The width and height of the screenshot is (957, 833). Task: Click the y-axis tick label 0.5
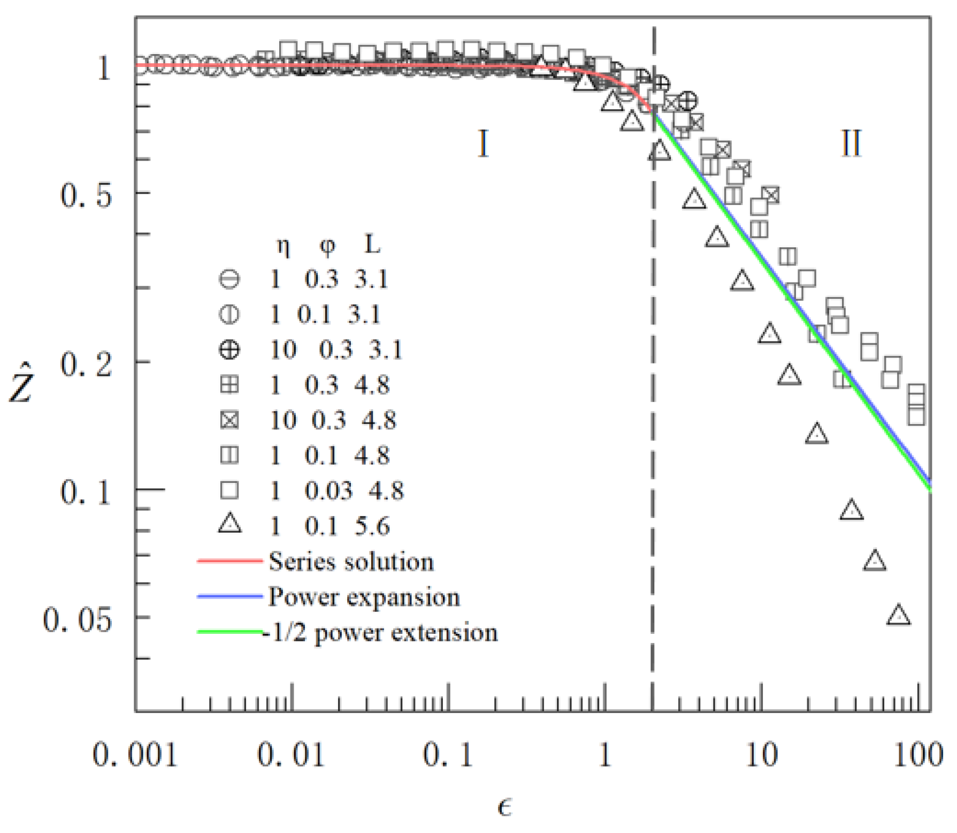pyautogui.click(x=86, y=195)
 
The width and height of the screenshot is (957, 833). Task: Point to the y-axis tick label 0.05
pyautogui.click(x=78, y=620)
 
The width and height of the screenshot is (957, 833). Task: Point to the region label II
pyautogui.click(x=851, y=143)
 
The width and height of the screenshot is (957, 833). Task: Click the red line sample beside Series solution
pyautogui.click(x=230, y=562)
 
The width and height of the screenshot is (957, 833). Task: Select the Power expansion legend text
pyautogui.click(x=364, y=597)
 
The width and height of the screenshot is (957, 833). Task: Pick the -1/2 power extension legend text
pyautogui.click(x=381, y=633)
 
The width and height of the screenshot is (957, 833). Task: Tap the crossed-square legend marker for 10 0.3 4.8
pyautogui.click(x=230, y=420)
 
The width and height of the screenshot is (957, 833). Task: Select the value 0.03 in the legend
pyautogui.click(x=328, y=491)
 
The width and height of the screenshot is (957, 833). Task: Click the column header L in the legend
pyautogui.click(x=372, y=245)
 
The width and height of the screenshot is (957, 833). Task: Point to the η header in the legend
pyautogui.click(x=283, y=246)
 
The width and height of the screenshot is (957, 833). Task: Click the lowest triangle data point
pyautogui.click(x=899, y=616)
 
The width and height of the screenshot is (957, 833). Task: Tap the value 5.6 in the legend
pyautogui.click(x=372, y=526)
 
